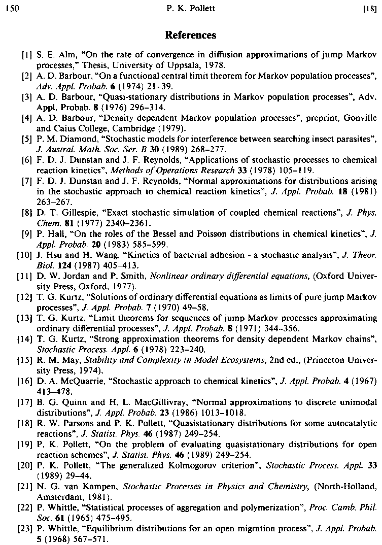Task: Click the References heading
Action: tap(191, 36)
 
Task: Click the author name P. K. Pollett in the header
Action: tap(190, 8)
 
